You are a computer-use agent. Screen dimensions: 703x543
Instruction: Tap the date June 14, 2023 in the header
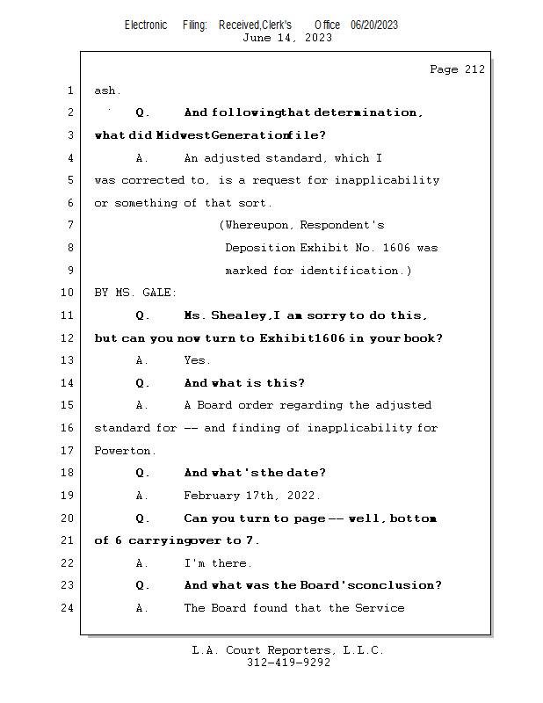coord(287,38)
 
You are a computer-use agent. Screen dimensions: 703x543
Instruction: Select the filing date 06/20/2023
coord(373,25)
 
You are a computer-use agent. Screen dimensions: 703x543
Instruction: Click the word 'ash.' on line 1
coord(108,91)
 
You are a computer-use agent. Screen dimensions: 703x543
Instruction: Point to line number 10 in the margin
coord(68,293)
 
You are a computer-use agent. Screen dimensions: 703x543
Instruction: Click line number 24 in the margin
coord(68,608)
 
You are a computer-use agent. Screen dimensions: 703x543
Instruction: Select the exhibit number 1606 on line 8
coord(393,248)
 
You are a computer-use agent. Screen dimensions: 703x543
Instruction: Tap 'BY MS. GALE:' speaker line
coord(135,293)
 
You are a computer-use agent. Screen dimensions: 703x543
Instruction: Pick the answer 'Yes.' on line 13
coord(197,360)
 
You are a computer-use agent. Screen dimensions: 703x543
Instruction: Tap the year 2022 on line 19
coord(303,496)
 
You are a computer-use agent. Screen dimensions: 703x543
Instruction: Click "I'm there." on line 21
coord(218,563)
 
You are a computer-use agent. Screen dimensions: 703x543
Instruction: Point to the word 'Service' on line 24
coord(379,608)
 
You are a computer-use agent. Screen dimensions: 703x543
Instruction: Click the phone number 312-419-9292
coord(287,663)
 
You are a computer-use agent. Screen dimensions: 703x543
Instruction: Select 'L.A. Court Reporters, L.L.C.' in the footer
coord(287,650)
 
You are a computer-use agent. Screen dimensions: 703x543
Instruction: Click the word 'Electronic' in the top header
coord(146,25)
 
